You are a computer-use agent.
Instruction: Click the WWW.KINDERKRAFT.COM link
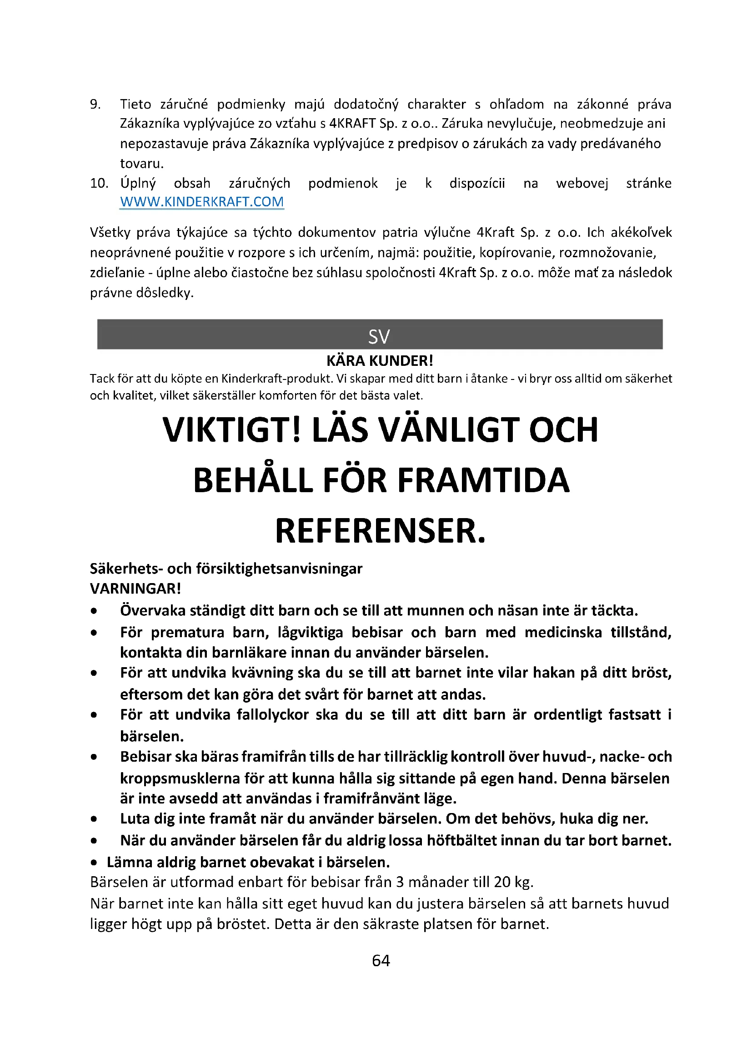tap(201, 202)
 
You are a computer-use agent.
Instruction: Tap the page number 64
tap(381, 961)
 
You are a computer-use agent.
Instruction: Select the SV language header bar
tap(380, 335)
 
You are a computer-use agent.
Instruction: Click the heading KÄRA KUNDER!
tap(380, 361)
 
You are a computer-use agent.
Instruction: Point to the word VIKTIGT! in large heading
tap(231, 430)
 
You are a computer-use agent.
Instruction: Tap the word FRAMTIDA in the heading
tap(483, 480)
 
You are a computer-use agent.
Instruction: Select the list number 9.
tap(95, 104)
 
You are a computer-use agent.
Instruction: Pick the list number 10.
tap(99, 183)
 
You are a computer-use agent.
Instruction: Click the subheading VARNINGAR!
tap(135, 589)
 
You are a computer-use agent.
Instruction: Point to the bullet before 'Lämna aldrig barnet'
tap(94, 863)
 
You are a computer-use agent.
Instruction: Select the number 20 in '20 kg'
tap(502, 882)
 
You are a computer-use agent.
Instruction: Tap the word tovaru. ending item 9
tap(142, 164)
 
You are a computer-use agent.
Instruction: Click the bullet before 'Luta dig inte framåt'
tap(94, 819)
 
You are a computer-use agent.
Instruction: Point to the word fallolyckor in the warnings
tap(273, 715)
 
